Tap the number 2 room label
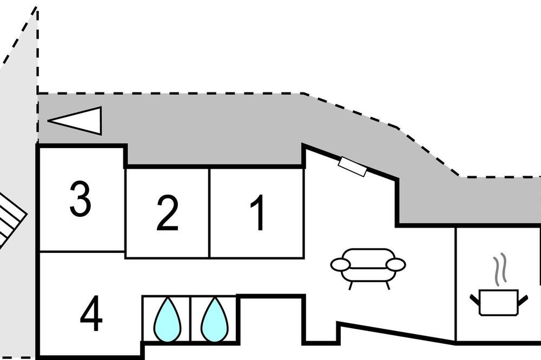click(167, 213)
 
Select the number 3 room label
click(80, 199)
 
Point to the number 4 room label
click(91, 313)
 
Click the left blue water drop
click(167, 319)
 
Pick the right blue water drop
click(214, 319)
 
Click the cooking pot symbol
click(499, 302)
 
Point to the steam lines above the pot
click(500, 270)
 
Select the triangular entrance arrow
click(75, 121)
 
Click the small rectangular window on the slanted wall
click(352, 166)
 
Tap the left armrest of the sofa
click(340, 265)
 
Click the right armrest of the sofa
click(396, 265)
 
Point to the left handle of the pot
click(475, 299)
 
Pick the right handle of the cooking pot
click(523, 300)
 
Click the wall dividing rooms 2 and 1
click(209, 213)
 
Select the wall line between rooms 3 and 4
click(82, 252)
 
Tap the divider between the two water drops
click(190, 318)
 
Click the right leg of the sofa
click(387, 285)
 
